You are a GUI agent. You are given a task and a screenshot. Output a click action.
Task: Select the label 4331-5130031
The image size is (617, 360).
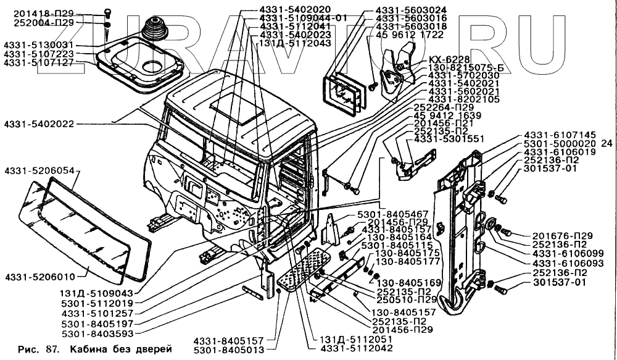coord(38,46)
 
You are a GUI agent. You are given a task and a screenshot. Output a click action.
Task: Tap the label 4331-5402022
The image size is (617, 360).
coord(38,124)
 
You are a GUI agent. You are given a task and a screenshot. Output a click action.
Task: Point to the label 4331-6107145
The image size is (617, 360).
coord(560,134)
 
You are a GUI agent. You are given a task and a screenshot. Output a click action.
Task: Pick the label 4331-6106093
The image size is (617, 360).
coord(560,263)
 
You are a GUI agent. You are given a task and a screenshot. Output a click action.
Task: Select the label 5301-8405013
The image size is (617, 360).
coord(229,350)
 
